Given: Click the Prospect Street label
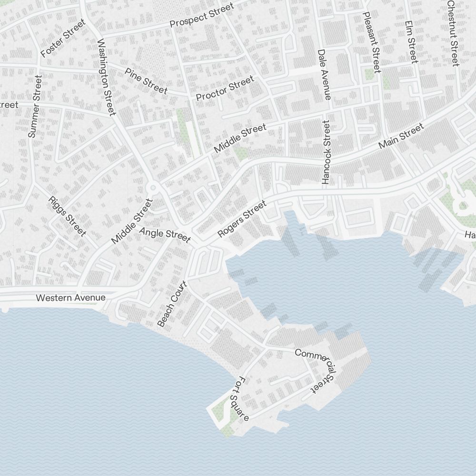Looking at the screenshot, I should click(x=202, y=15).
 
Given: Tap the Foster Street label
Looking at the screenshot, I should click(x=63, y=38).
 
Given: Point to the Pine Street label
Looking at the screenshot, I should click(x=146, y=80).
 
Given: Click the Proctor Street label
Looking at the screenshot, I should click(x=225, y=89).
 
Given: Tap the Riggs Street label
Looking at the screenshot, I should click(x=68, y=216).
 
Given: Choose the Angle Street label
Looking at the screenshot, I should click(x=165, y=234).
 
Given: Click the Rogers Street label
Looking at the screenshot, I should click(x=241, y=219).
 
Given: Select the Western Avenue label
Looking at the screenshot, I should click(x=70, y=298).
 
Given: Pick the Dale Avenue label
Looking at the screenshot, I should click(x=324, y=75).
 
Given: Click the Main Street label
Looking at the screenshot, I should click(x=401, y=136).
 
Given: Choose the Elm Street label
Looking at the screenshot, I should click(x=411, y=42).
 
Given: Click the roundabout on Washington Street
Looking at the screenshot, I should click(x=153, y=188).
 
